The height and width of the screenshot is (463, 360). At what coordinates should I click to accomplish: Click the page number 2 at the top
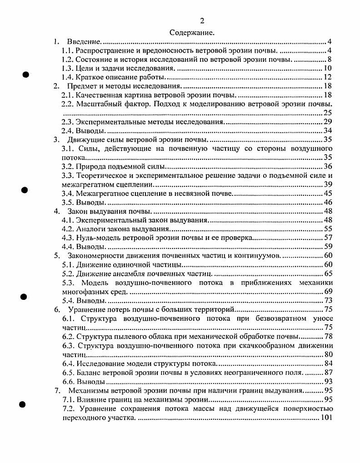[202, 21]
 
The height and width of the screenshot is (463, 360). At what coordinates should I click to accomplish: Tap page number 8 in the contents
[329, 59]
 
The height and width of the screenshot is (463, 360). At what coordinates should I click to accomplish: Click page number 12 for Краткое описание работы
[327, 77]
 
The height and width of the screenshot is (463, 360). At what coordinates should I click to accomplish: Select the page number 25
[327, 112]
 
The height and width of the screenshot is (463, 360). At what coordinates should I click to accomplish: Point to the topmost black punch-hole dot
[26, 73]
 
